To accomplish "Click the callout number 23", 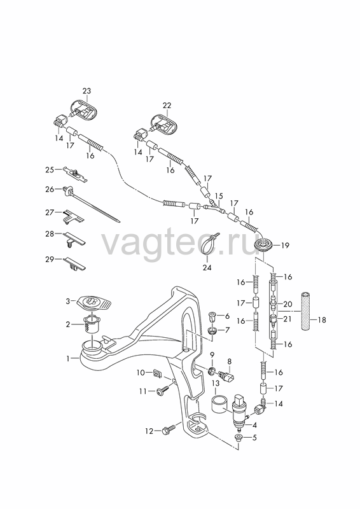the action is click(87, 91).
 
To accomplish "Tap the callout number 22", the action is click(167, 106).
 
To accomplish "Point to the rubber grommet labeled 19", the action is click(265, 245).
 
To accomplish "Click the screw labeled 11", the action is click(163, 391).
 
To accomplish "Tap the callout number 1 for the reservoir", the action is click(68, 359).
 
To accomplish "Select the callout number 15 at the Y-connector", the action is click(219, 197).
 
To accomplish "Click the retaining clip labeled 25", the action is click(76, 174).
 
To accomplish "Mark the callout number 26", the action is click(50, 189).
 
